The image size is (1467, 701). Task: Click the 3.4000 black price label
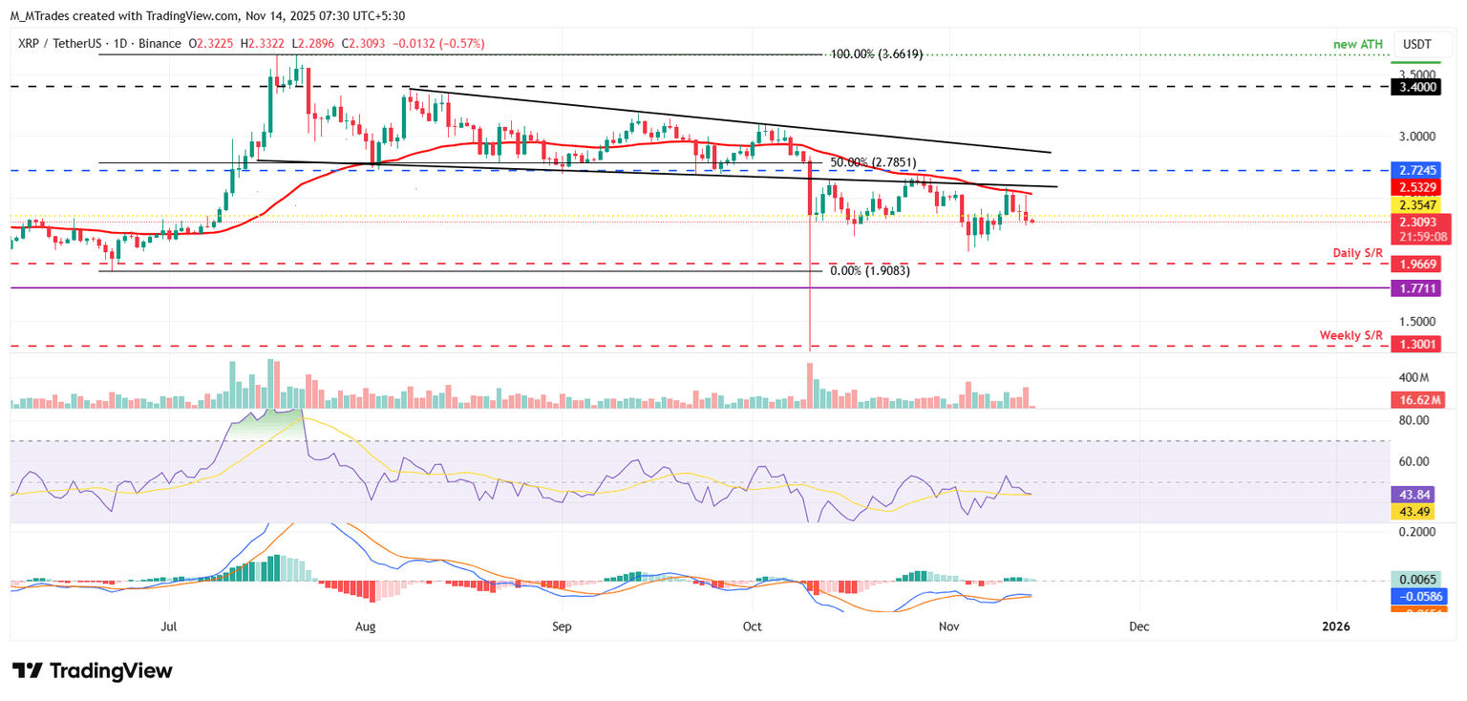click(x=1418, y=86)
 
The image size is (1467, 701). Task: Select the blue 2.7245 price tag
click(x=1418, y=170)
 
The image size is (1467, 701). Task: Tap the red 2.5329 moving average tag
click(x=1418, y=187)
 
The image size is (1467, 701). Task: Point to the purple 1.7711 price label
click(x=1418, y=287)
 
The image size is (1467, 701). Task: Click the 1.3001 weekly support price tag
click(x=1418, y=345)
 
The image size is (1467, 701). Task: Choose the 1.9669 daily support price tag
click(x=1418, y=264)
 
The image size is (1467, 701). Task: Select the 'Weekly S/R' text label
click(x=1351, y=335)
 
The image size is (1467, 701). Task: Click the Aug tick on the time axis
click(x=366, y=627)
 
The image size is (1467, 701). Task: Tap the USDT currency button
click(x=1418, y=44)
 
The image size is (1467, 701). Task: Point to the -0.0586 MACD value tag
click(x=1418, y=595)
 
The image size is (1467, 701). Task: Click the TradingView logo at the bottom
click(x=92, y=670)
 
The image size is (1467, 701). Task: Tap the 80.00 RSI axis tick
click(x=1414, y=420)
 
